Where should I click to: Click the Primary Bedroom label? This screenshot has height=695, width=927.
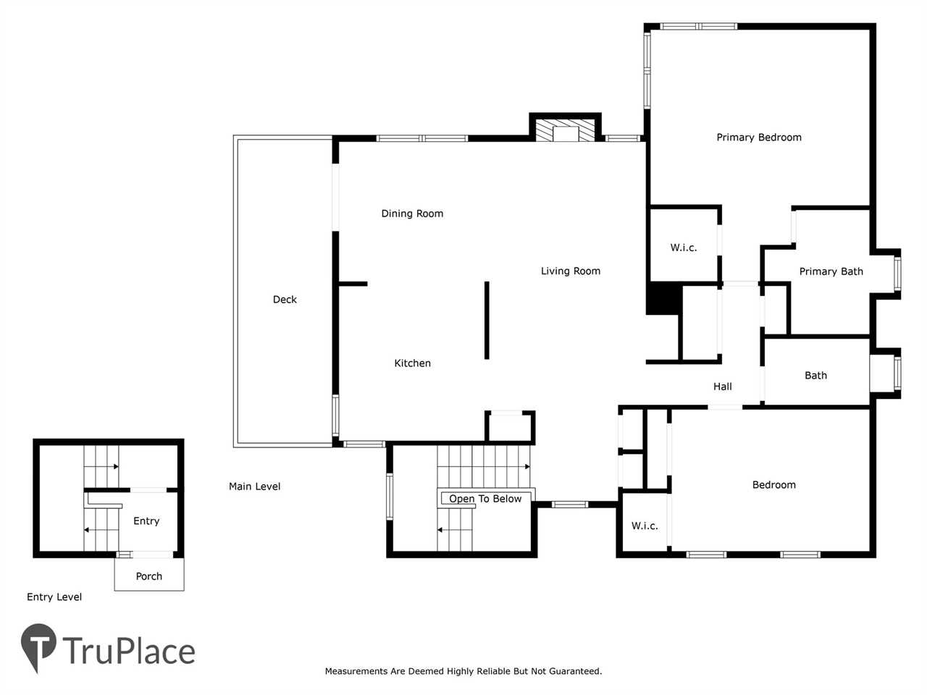coord(758,137)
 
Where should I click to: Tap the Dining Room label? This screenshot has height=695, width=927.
coord(412,214)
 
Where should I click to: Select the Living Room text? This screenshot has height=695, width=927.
coord(571,271)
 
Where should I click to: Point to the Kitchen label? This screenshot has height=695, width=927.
coord(412,363)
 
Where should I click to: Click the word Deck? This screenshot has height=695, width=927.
coord(285,300)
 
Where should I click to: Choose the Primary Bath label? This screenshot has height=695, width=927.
coord(831,271)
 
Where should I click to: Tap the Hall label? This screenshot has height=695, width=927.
coord(722,387)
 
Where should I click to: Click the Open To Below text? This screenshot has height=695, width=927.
coord(485,499)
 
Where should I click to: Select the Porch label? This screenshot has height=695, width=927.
coord(148,576)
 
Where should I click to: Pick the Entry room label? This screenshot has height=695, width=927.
coord(146,521)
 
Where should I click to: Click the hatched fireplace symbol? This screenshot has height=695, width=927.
coord(565,130)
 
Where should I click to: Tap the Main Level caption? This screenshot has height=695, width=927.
coord(254,486)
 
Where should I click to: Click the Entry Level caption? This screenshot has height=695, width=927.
coord(54,597)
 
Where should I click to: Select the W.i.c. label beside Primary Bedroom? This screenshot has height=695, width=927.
coord(684,248)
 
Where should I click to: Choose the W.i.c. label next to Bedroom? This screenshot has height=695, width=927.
coord(645,526)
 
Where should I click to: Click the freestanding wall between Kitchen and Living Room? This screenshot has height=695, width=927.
coord(487,320)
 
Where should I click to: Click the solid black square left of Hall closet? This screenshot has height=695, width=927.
coord(663,298)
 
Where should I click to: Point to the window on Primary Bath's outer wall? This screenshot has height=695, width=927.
coord(897,274)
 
